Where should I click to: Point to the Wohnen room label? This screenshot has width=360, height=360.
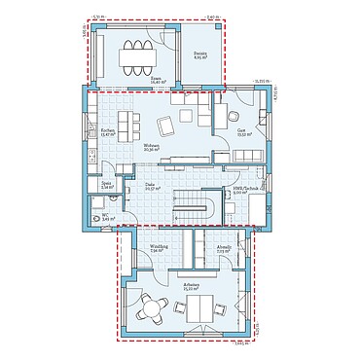click(151, 149)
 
